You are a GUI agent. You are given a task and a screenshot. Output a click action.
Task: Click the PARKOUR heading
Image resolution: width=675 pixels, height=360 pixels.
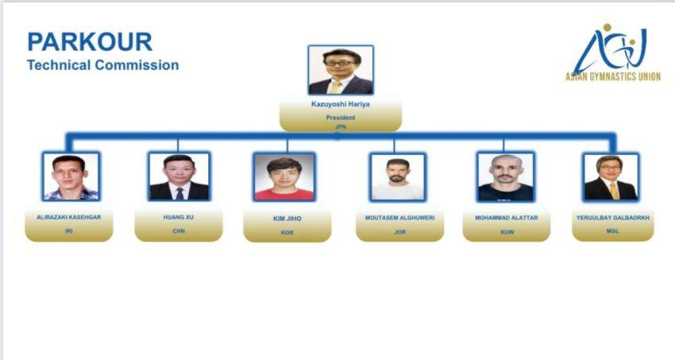(x=90, y=42)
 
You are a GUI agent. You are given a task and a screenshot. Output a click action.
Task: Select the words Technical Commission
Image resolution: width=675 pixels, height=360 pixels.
(x=103, y=65)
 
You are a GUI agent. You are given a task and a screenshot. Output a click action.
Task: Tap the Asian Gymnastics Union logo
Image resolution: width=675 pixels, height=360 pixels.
(x=612, y=52)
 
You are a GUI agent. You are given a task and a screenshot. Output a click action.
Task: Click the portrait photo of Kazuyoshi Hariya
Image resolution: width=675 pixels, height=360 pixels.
(x=341, y=70)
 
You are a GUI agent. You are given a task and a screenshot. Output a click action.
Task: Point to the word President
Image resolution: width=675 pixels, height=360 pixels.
(x=341, y=118)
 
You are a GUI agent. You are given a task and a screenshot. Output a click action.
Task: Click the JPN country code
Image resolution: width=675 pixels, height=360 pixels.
(x=341, y=127)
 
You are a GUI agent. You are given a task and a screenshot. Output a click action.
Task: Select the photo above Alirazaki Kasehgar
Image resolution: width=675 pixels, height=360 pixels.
(x=71, y=176)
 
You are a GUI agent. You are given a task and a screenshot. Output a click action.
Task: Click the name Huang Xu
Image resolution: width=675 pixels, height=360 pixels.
(x=179, y=218)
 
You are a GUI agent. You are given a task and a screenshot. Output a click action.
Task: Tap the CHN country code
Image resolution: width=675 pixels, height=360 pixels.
(x=179, y=231)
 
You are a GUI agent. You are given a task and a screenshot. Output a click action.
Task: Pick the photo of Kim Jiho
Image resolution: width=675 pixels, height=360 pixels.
(x=284, y=176)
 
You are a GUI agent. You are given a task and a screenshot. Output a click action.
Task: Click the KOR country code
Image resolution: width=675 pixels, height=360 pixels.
(x=287, y=233)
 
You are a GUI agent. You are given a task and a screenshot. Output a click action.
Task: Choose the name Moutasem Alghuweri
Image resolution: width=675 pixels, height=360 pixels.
(x=400, y=218)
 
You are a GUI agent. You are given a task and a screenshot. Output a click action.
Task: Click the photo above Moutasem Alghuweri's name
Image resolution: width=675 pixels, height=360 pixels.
(x=398, y=177)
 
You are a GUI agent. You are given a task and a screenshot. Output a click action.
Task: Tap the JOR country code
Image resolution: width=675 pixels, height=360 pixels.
(x=400, y=232)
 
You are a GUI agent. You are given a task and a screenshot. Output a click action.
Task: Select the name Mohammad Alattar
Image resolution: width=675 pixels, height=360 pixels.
(x=507, y=218)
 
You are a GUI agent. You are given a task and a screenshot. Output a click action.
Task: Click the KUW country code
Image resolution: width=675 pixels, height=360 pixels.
(x=507, y=232)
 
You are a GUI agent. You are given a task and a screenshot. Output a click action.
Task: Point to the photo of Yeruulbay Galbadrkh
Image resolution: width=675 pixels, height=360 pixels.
(x=611, y=177)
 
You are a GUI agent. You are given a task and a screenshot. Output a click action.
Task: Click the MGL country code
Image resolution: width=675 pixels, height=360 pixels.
(x=612, y=231)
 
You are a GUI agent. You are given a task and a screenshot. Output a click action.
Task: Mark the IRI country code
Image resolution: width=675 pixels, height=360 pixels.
(x=69, y=231)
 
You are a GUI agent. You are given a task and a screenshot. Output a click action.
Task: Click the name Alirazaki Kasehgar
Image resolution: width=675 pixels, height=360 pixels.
(x=69, y=218)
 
